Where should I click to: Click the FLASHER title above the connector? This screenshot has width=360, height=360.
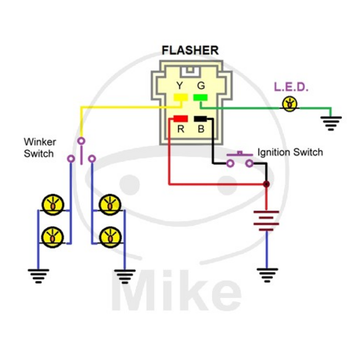click(190, 50)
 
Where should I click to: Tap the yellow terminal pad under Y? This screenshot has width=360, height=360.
click(180, 99)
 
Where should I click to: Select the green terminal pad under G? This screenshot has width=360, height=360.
click(199, 99)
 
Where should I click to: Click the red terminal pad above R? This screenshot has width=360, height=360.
click(180, 119)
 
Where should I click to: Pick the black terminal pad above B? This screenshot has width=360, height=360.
click(200, 119)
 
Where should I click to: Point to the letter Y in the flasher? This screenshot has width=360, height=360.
click(180, 85)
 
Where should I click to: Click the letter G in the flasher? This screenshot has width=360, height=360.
click(199, 85)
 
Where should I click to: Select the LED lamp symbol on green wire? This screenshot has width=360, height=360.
click(289, 104)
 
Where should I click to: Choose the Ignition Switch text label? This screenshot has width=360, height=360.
click(290, 153)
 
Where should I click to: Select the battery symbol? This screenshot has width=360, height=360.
click(266, 220)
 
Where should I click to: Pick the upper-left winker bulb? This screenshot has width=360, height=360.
click(51, 204)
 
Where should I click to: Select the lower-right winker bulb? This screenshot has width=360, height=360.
click(109, 235)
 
